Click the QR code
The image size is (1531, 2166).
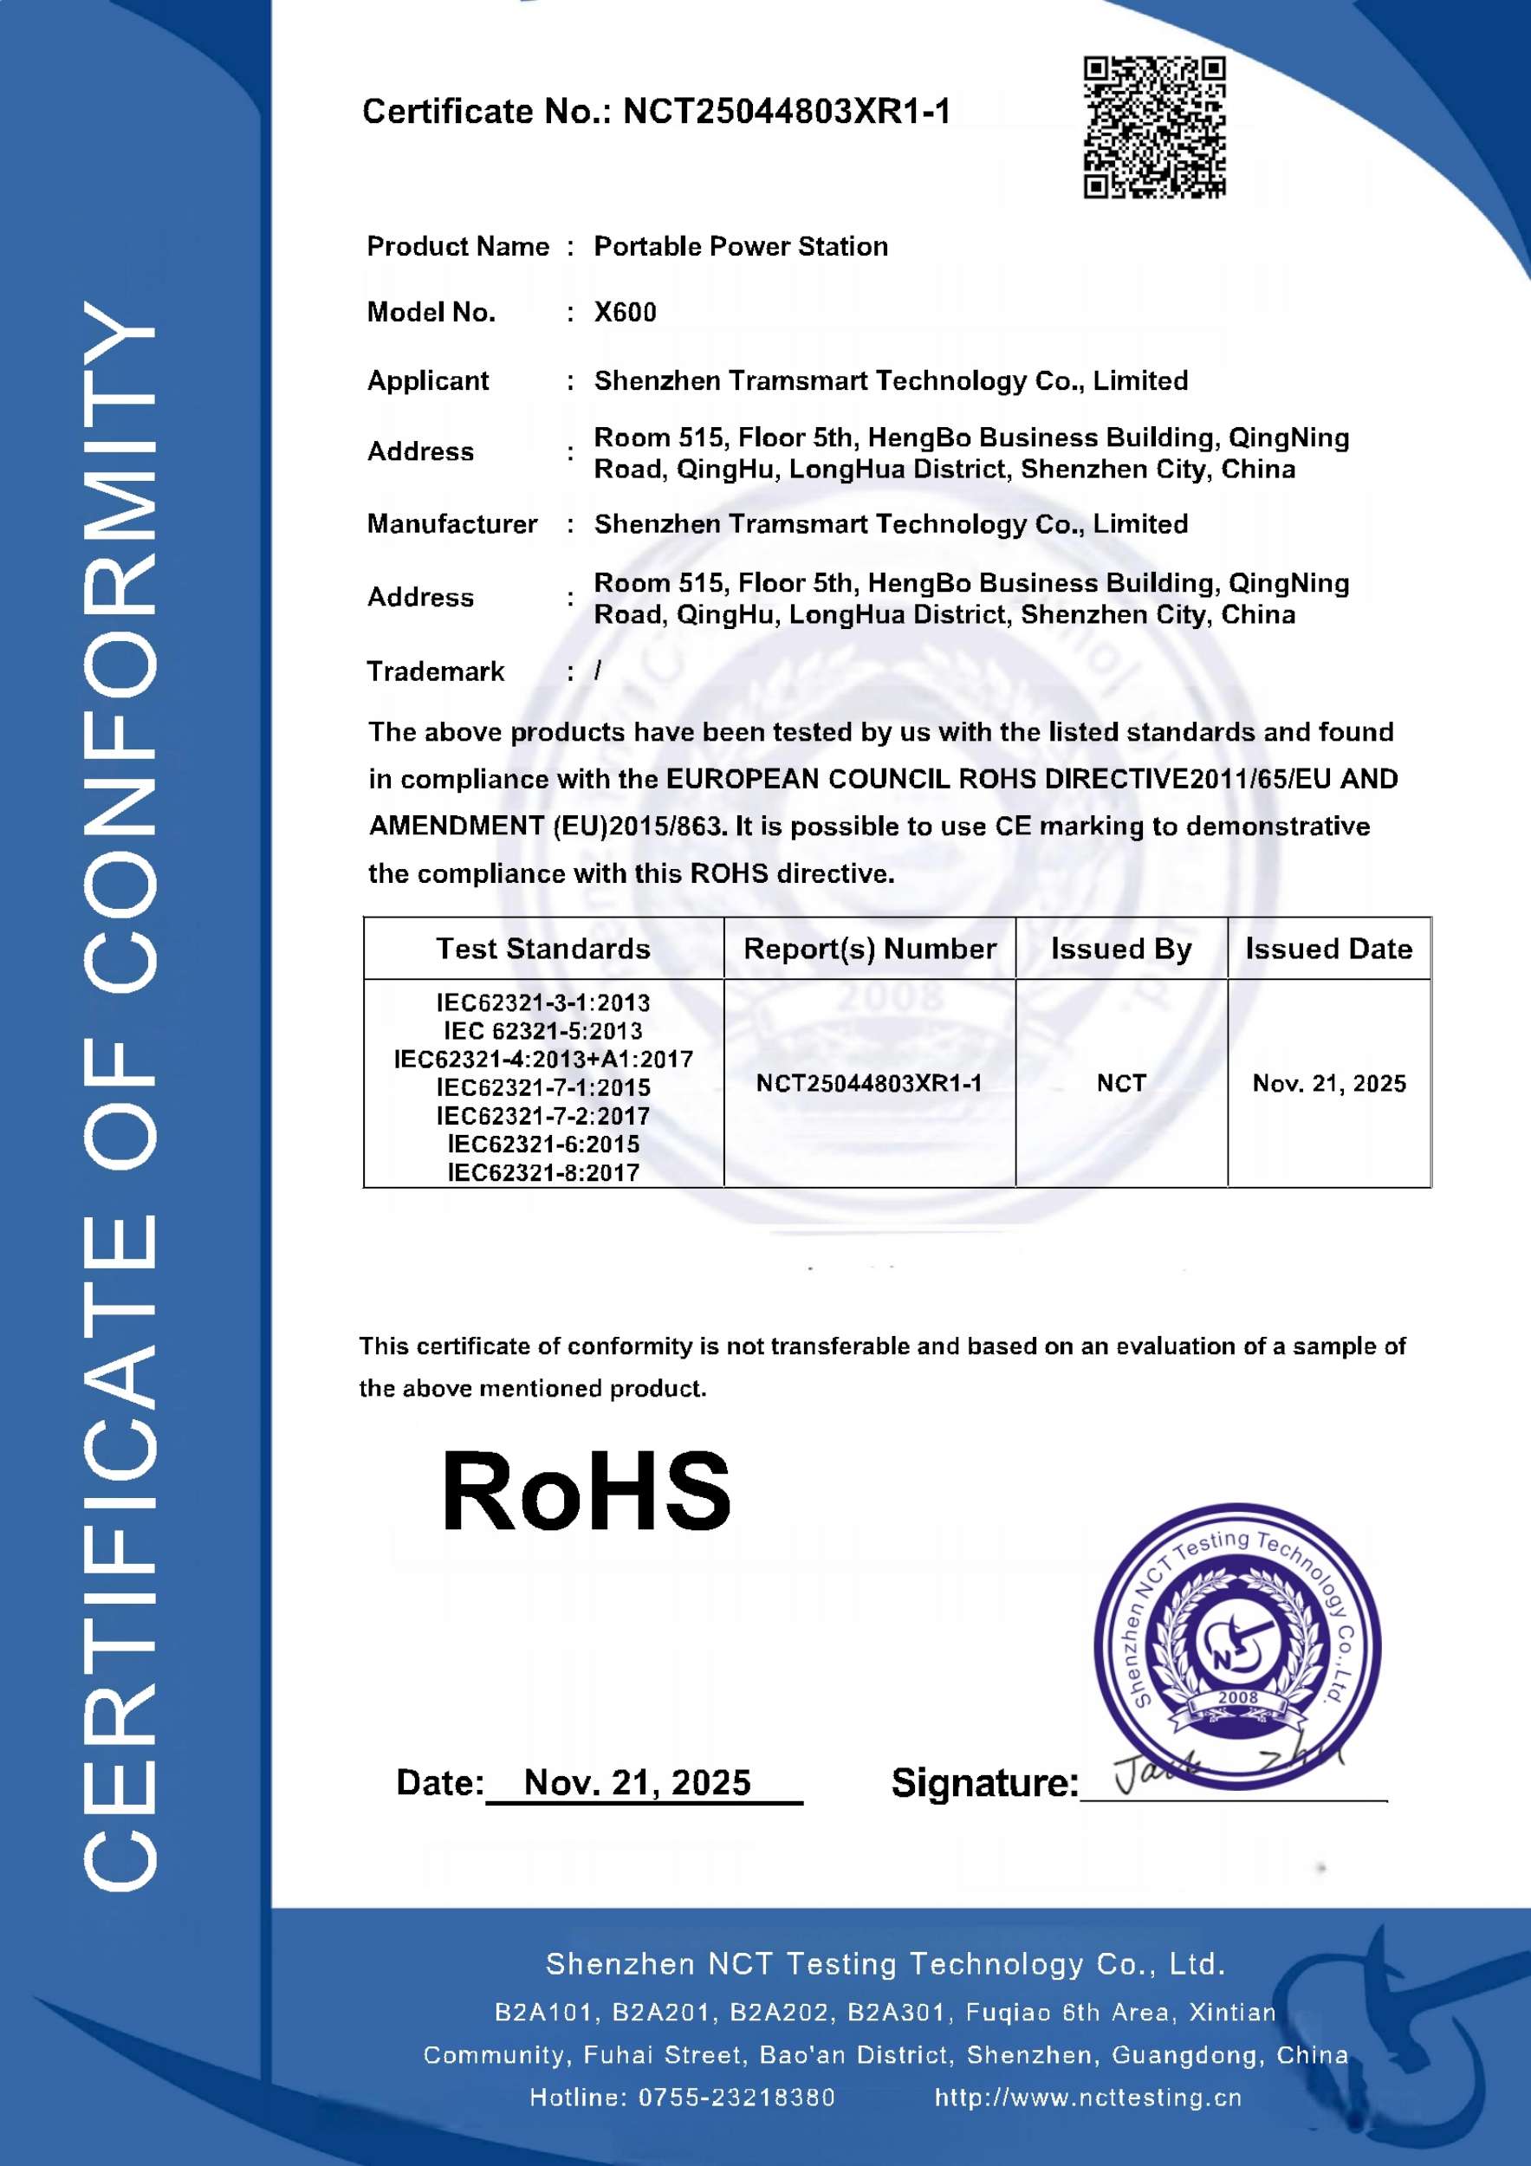(x=1154, y=127)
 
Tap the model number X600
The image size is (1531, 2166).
(x=625, y=312)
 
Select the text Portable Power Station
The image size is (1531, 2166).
(x=741, y=246)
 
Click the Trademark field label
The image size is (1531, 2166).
(x=435, y=671)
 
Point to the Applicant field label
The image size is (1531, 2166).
(x=427, y=380)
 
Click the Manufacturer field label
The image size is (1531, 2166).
(x=451, y=523)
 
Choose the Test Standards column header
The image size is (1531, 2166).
(x=542, y=948)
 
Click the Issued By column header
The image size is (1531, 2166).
(x=1120, y=948)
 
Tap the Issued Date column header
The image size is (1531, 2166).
(x=1328, y=948)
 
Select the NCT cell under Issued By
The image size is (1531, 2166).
(x=1120, y=1083)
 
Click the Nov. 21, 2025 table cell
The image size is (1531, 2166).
(x=1328, y=1083)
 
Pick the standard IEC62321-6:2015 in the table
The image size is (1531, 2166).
(x=542, y=1145)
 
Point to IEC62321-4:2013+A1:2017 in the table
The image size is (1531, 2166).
(x=542, y=1060)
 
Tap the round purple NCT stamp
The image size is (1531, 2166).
(x=1236, y=1646)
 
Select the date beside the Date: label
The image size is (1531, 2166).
(x=637, y=1782)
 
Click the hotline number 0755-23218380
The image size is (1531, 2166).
(x=736, y=2098)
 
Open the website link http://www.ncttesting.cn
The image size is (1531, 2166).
(x=1087, y=2098)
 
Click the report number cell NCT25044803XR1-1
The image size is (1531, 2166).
(x=869, y=1083)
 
